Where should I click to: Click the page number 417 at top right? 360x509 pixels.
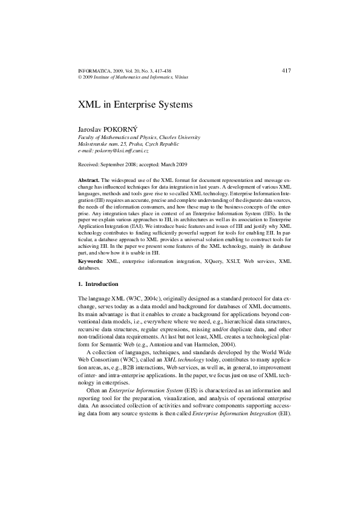point(287,71)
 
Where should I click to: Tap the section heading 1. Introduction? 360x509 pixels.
point(98,284)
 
